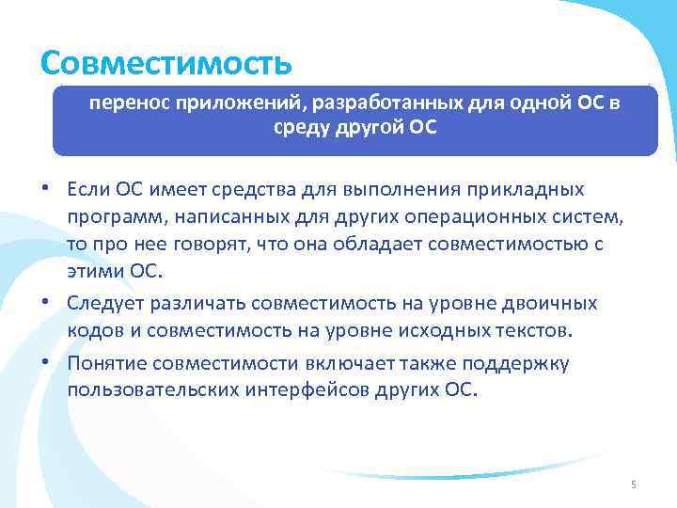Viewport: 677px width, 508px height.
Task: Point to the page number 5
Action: coord(633,484)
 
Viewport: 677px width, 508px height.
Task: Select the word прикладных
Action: coord(530,191)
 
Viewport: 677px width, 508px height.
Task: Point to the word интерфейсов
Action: coord(307,389)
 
